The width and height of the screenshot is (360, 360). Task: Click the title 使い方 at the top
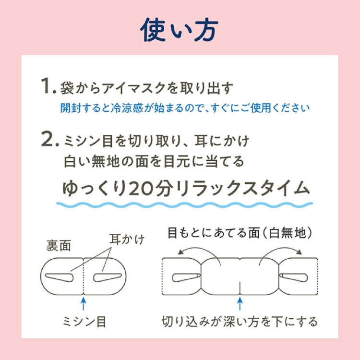pos(180,30)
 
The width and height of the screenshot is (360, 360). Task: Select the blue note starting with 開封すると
pos(185,107)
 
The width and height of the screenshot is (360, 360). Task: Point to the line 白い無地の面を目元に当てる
pos(154,161)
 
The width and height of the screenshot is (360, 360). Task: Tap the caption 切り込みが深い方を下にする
pos(239,321)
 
